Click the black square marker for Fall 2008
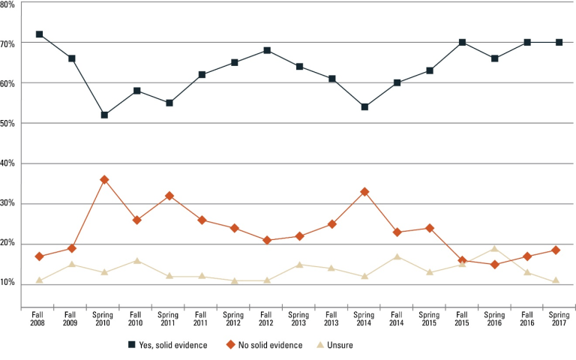39,34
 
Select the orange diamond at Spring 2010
104,180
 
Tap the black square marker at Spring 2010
104,115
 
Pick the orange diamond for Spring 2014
364,192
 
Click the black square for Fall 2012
267,50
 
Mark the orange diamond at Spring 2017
559,250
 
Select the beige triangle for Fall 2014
397,256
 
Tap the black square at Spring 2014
364,107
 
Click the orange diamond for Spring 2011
169,196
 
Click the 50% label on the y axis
8,124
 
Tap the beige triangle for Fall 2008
39,280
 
